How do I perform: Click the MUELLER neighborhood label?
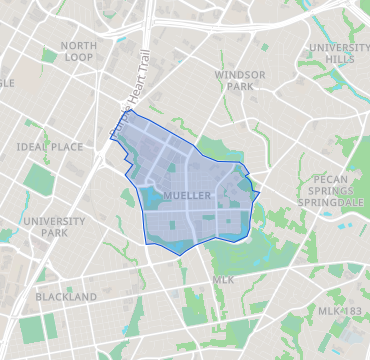click(187, 196)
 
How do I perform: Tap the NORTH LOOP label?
click(78, 52)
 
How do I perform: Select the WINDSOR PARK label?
click(239, 81)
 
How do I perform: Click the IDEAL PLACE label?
click(50, 147)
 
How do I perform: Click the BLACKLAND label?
click(65, 297)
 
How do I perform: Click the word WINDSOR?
click(239, 74)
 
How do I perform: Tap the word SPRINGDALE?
click(324, 202)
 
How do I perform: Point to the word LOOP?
click(78, 58)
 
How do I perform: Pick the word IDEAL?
click(31, 147)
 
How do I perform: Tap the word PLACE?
click(66, 147)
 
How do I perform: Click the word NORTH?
click(78, 46)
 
